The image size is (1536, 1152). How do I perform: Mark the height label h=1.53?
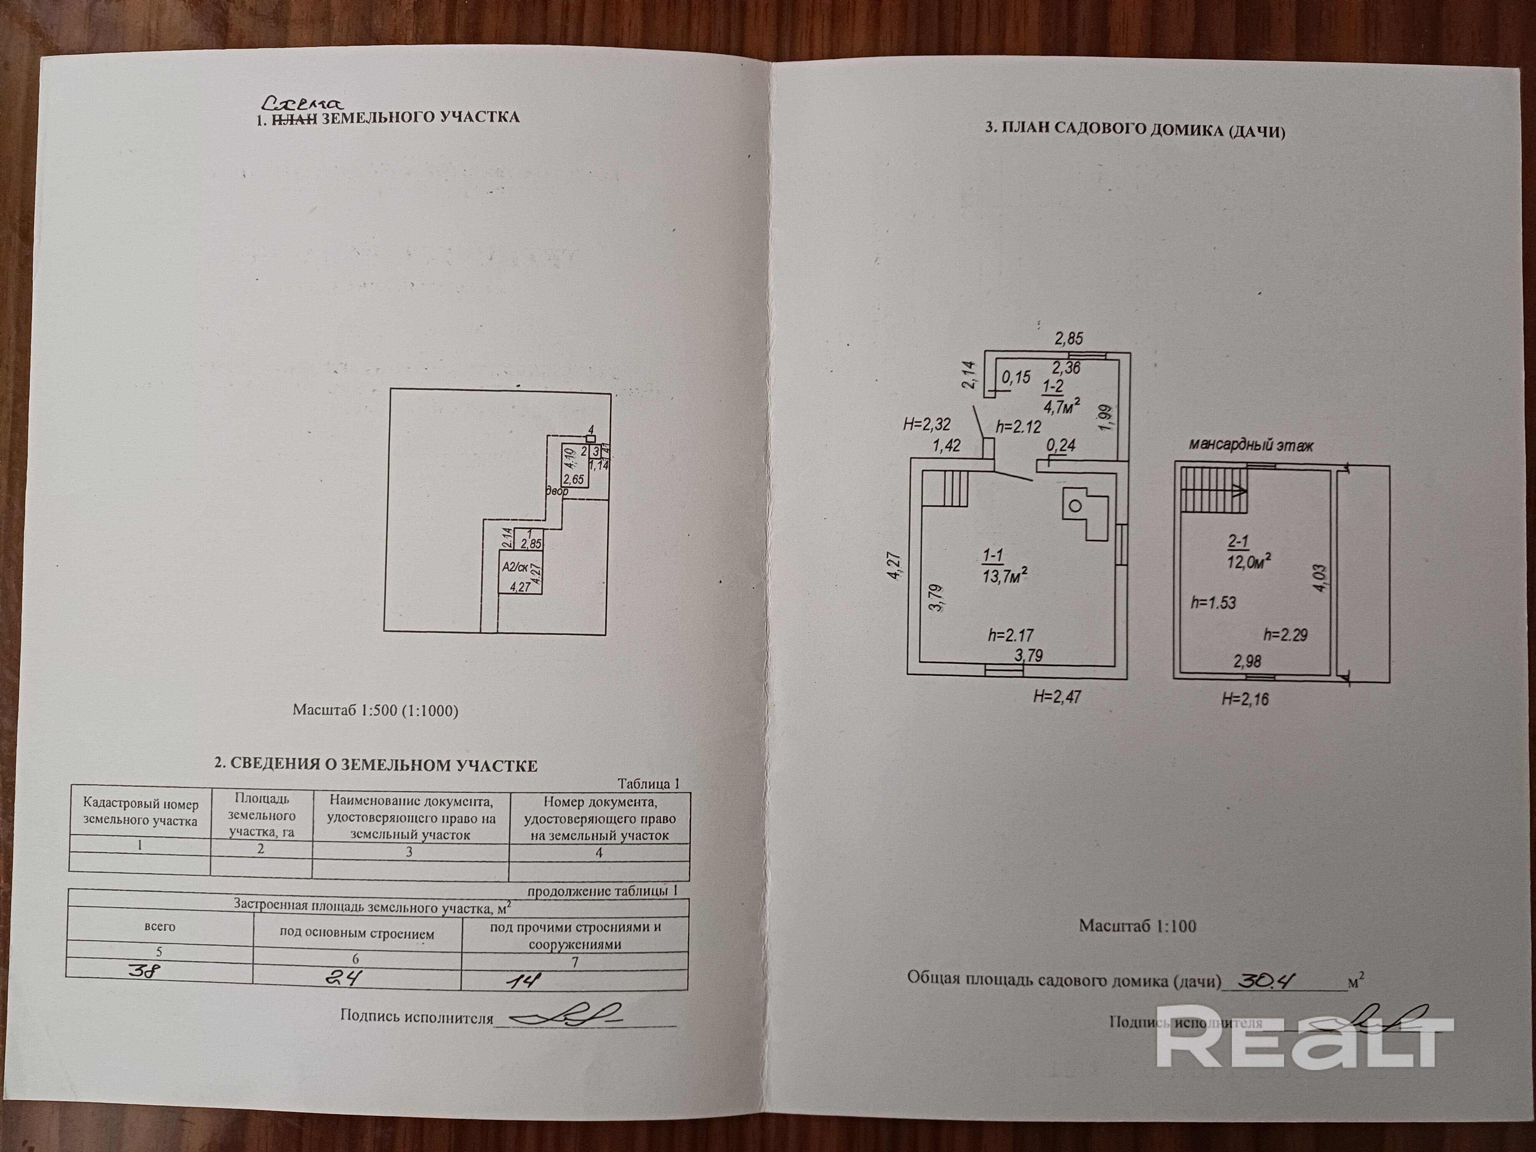coord(1213,603)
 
